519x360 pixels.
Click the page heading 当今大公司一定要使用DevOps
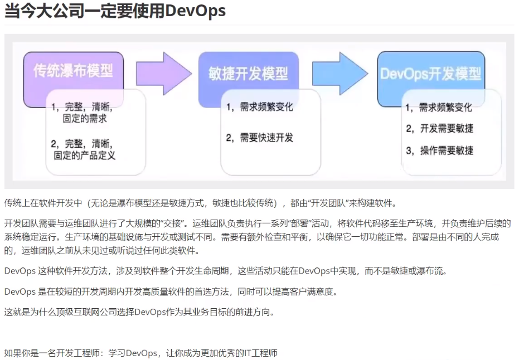click(x=115, y=11)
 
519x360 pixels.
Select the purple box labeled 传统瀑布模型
click(x=73, y=71)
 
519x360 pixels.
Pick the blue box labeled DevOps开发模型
click(x=429, y=74)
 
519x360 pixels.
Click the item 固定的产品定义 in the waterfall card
click(x=85, y=155)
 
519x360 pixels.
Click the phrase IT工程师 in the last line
click(x=261, y=353)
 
